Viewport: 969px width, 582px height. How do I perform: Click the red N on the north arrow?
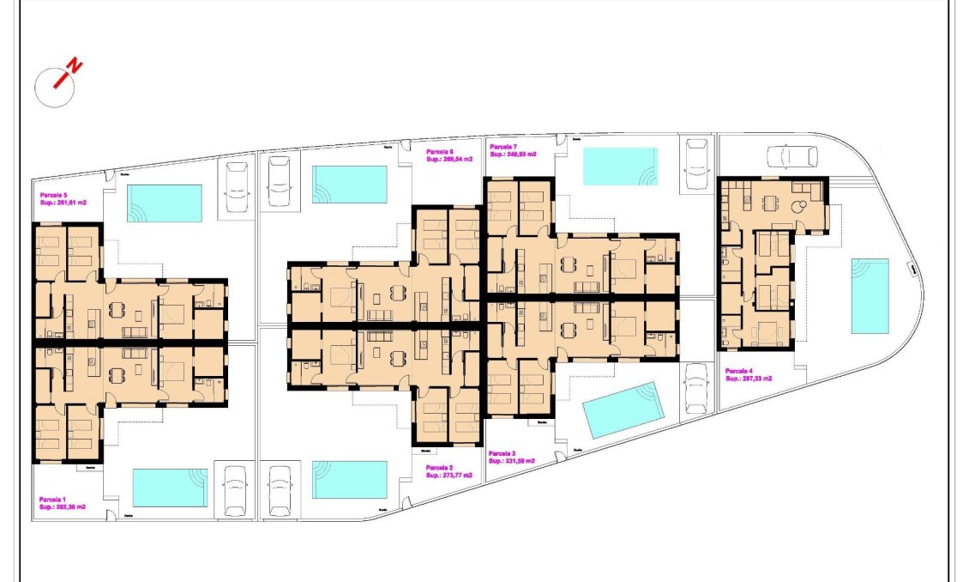point(75,65)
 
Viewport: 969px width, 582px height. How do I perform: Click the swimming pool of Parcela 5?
point(165,203)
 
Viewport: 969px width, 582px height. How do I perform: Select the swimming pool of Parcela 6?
point(349,185)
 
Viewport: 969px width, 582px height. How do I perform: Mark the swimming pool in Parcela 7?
point(620,166)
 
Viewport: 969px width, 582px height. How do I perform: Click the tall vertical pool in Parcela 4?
point(870,295)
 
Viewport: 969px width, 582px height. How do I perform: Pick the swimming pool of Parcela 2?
point(349,480)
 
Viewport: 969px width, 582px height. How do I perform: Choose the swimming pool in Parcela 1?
point(170,487)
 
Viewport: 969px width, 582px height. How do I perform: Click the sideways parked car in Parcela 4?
point(791,155)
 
